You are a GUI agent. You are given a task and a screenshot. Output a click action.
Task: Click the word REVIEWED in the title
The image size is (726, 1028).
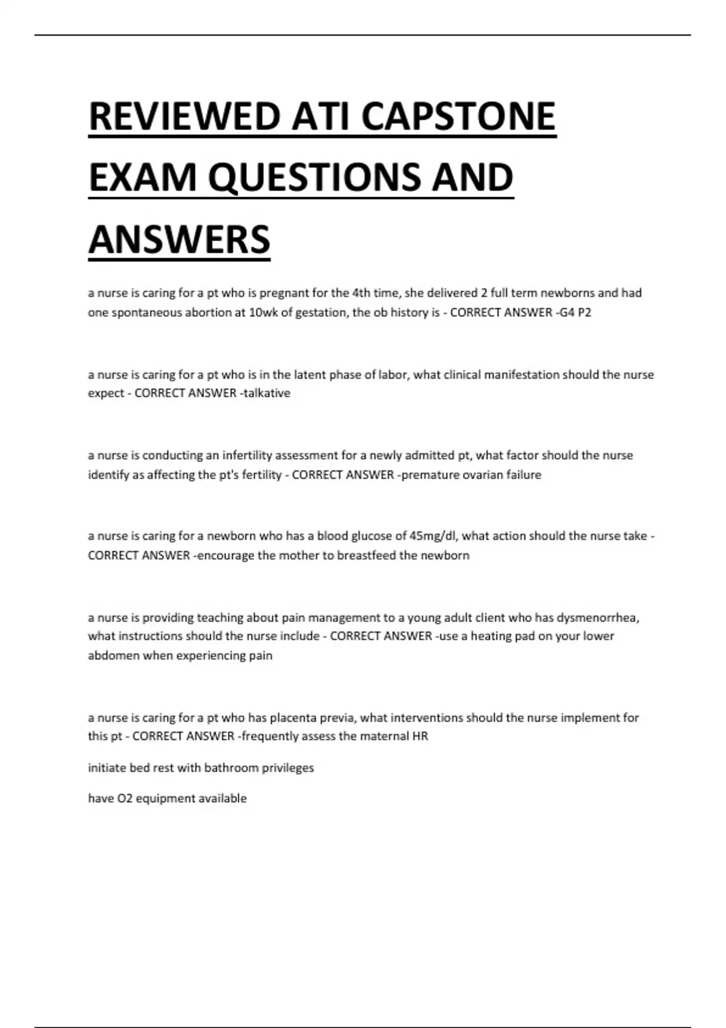click(185, 117)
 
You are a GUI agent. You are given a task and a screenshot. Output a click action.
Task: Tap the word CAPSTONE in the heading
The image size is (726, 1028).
click(458, 117)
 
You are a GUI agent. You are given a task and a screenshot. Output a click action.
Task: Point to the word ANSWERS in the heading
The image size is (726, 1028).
click(179, 239)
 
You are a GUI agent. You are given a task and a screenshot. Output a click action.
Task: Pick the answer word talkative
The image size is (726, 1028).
click(267, 393)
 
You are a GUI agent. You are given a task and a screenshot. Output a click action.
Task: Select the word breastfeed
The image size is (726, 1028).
click(367, 555)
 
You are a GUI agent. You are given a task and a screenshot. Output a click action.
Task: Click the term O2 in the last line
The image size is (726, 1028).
click(123, 798)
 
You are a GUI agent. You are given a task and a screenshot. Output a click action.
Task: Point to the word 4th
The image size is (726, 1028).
click(361, 293)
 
